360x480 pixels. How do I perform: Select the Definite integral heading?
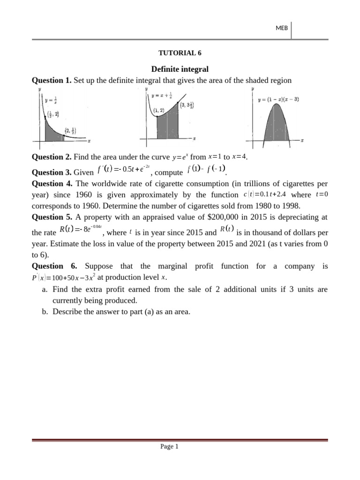(x=180, y=69)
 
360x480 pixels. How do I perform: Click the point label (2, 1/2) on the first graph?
(x=71, y=131)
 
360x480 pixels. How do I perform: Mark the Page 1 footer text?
(x=170, y=447)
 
